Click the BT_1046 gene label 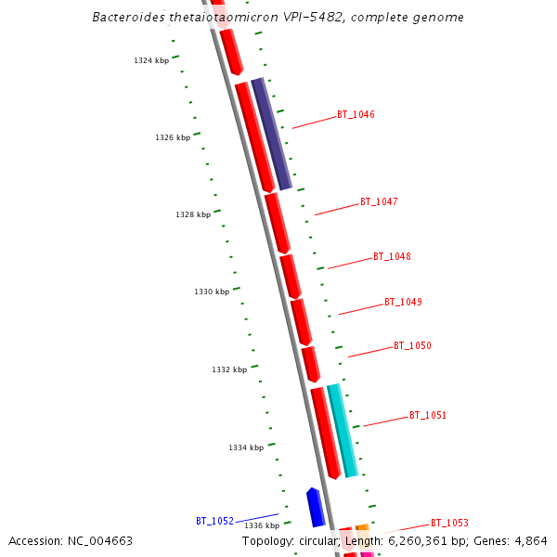356,115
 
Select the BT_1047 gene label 379,201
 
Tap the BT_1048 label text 392,256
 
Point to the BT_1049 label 403,302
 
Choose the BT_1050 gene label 412,345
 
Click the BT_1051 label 428,415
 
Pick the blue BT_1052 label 214,522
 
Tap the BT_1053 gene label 449,523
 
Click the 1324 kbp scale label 151,60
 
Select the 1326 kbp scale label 173,137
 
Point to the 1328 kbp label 193,214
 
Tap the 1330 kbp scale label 212,291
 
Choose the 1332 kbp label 229,369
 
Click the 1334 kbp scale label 246,447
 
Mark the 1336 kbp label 262,525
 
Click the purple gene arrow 272,134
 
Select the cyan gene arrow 343,431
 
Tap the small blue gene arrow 316,507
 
